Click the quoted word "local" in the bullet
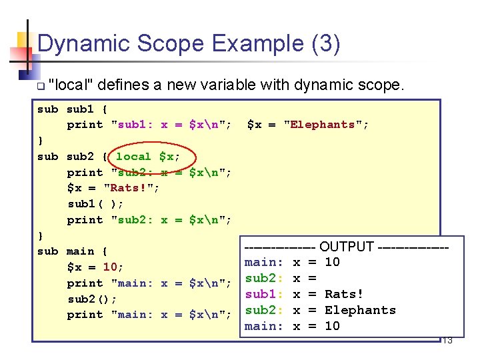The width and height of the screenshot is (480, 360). pyautogui.click(x=72, y=85)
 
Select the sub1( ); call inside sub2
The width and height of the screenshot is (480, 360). pyautogui.click(x=95, y=204)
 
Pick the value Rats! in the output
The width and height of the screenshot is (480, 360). pyautogui.click(x=344, y=294)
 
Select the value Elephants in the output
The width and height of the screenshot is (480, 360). pyautogui.click(x=360, y=310)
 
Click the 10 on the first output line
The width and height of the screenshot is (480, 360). pyautogui.click(x=332, y=262)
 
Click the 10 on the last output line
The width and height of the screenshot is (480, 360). pyautogui.click(x=332, y=326)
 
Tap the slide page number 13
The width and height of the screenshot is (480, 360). pyautogui.click(x=447, y=341)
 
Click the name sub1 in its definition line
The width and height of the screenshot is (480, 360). pyautogui.click(x=81, y=109)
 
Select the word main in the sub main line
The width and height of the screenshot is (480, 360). pyautogui.click(x=81, y=251)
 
